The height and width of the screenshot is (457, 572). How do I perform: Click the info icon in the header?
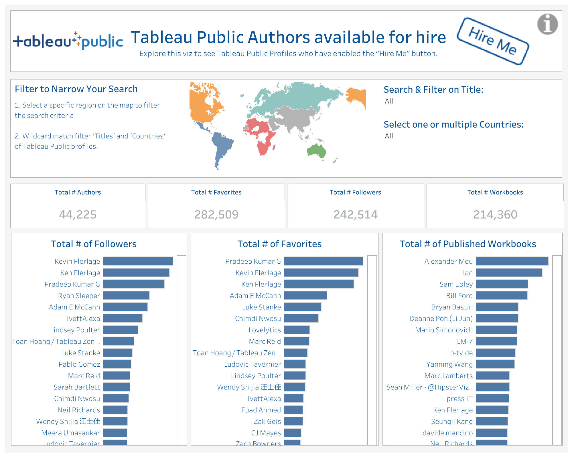click(547, 24)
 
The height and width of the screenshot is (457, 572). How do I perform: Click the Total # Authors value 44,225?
click(78, 214)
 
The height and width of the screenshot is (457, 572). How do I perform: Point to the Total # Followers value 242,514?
click(355, 214)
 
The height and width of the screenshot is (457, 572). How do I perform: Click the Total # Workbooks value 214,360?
click(495, 214)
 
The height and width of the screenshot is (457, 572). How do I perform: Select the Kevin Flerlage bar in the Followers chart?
click(138, 261)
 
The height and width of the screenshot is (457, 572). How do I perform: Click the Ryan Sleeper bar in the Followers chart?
click(126, 295)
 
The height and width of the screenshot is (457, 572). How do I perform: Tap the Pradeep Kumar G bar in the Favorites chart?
click(324, 261)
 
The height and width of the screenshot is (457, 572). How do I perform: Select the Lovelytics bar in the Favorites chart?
click(297, 330)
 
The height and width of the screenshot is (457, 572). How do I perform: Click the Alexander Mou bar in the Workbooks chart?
click(512, 261)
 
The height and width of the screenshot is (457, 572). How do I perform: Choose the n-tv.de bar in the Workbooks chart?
click(496, 353)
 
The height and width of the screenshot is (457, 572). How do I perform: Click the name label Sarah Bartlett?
click(77, 387)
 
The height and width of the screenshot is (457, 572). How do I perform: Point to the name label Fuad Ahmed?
click(261, 410)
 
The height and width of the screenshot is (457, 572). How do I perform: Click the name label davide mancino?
click(447, 433)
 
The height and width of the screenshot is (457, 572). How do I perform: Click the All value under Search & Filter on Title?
click(389, 101)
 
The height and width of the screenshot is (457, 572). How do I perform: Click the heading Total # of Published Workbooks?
click(468, 244)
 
